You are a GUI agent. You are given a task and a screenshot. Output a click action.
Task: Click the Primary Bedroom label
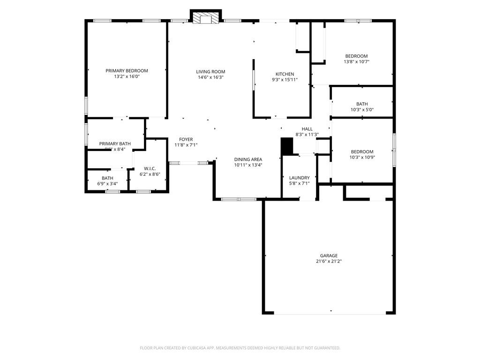pos(127,71)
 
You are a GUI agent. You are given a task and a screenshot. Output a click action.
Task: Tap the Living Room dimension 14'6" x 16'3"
pos(210,77)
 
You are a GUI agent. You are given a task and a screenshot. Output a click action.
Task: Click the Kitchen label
pos(285,74)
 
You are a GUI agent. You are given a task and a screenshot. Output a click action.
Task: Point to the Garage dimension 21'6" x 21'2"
pos(328,261)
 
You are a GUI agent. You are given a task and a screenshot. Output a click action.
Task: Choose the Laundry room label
pos(299,178)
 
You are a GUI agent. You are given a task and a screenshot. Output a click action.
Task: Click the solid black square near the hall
pos(286,146)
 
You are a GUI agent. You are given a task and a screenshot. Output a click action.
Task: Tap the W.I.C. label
pos(150,168)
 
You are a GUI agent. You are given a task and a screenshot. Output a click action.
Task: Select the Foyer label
pos(186,139)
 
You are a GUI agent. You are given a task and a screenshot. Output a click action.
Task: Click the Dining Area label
pos(248,159)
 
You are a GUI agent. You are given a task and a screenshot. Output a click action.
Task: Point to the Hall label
pos(307,129)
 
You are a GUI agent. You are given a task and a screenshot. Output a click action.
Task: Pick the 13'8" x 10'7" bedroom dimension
pos(356,61)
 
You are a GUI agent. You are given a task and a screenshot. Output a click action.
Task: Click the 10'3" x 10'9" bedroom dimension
pos(362,157)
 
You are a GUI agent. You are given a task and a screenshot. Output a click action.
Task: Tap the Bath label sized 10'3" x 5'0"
pos(362,104)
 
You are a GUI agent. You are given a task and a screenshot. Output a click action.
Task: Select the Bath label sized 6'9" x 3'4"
pos(107,178)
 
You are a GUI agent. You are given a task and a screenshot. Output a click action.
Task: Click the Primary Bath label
pos(115,144)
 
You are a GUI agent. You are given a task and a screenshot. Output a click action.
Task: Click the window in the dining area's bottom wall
pos(239,199)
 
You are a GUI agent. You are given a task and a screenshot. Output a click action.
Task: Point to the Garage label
pos(329,255)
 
